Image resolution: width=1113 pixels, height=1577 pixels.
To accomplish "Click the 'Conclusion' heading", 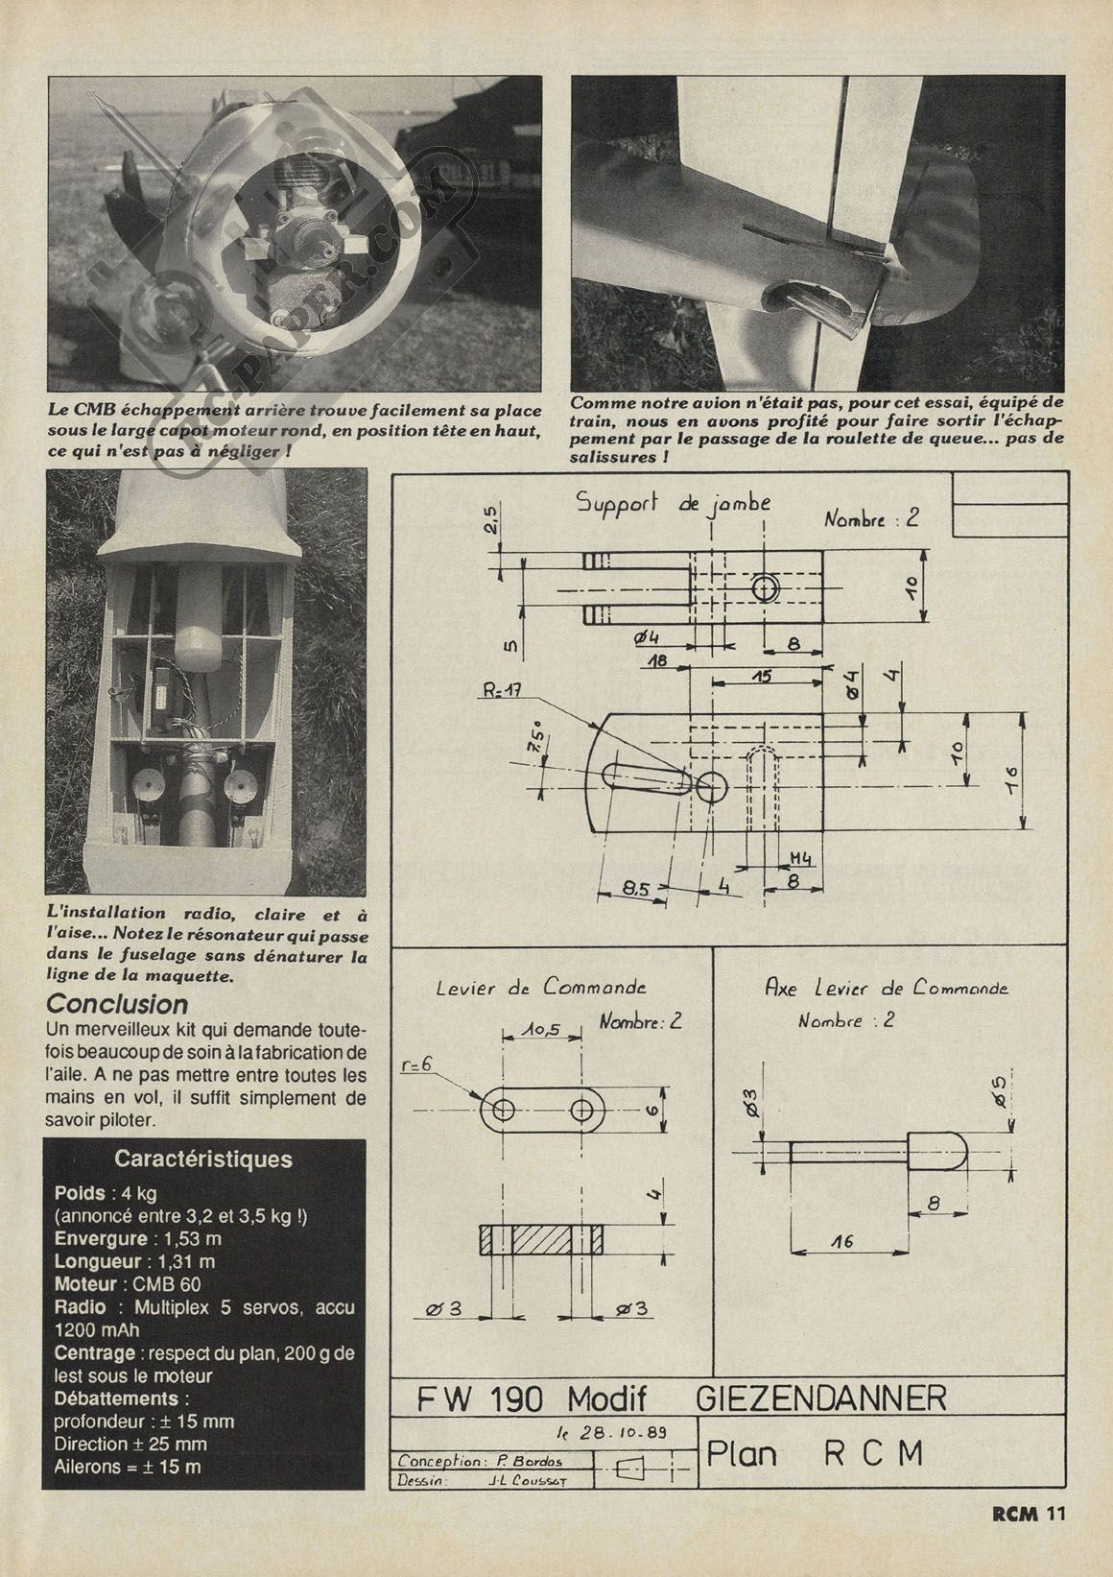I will pyautogui.click(x=117, y=1004).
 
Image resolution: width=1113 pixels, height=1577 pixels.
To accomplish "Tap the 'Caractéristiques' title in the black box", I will pyautogui.click(x=203, y=1159).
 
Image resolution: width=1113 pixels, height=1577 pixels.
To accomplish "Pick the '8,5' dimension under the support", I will pyautogui.click(x=634, y=889).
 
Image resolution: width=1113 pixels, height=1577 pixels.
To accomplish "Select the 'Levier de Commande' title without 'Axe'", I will pyautogui.click(x=540, y=987).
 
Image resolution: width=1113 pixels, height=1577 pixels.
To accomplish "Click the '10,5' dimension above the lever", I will pyautogui.click(x=543, y=1029).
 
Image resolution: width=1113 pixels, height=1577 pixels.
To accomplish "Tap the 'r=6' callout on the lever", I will pyautogui.click(x=419, y=1065).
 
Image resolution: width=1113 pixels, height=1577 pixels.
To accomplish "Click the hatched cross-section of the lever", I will pyautogui.click(x=541, y=1240).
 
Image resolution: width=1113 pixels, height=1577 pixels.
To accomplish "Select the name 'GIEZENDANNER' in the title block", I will pyautogui.click(x=820, y=1398).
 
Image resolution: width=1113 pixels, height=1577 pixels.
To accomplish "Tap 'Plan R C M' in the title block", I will pyautogui.click(x=815, y=1454).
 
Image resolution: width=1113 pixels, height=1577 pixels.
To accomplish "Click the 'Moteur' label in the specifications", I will pyautogui.click(x=85, y=1284).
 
